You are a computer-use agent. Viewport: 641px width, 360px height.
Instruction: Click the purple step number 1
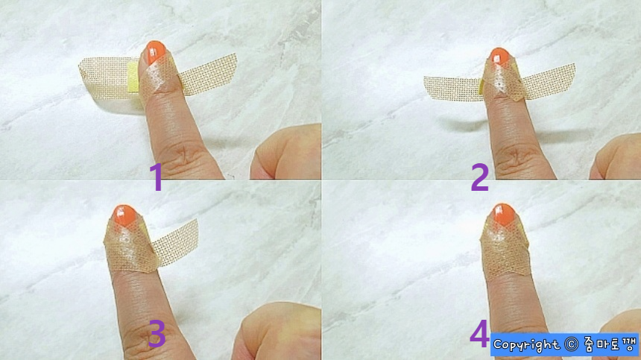pos(157,177)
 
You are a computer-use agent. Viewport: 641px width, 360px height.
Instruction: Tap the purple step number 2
pos(480,177)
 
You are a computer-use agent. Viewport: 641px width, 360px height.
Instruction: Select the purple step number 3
pos(157,333)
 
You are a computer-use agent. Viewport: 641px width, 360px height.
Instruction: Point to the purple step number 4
pos(480,333)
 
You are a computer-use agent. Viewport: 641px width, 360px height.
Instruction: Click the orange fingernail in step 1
pos(155,52)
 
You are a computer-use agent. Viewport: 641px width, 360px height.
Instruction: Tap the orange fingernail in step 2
pos(499,56)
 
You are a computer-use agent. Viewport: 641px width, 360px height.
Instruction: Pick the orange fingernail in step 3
pos(124,215)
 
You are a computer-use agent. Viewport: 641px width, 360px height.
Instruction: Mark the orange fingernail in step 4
pos(504,214)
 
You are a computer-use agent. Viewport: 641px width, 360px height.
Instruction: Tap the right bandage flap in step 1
pos(209,75)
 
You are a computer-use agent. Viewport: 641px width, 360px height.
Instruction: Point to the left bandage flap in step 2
pos(452,89)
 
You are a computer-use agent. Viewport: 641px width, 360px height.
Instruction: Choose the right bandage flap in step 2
pos(549,81)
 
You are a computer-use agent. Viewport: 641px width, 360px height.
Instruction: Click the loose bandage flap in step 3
pos(177,242)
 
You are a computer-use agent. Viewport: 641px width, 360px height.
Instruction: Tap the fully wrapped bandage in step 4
pos(506,249)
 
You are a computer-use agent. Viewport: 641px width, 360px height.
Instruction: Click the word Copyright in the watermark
pos(526,344)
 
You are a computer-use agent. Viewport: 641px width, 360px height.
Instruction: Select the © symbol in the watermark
pos(571,344)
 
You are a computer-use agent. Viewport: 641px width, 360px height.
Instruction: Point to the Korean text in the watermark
pos(609,344)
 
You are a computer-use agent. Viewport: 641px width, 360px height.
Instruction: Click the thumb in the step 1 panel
pos(286,152)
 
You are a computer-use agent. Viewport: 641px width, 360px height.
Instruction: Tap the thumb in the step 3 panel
pos(277,332)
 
